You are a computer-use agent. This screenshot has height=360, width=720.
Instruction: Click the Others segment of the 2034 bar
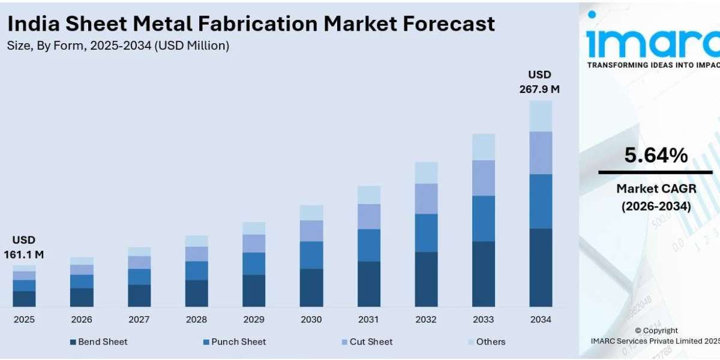pos(541,116)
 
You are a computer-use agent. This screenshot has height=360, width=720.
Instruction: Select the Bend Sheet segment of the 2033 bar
pos(483,274)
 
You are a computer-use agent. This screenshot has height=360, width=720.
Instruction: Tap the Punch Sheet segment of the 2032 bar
pos(426,233)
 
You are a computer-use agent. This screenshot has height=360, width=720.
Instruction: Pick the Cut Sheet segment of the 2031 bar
pos(369,217)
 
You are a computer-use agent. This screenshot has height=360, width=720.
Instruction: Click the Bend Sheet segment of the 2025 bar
pos(24,299)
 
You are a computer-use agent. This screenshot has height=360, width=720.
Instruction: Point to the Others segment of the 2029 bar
pos(254,228)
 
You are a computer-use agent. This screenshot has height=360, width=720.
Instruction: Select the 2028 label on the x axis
pos(196,319)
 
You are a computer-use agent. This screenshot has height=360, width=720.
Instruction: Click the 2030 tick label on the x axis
pos(311,319)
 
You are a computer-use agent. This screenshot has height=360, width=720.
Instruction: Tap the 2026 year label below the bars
pos(82,319)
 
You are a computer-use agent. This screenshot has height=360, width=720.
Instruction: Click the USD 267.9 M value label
pos(539,82)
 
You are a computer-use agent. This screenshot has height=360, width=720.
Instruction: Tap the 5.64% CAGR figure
pos(656,156)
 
